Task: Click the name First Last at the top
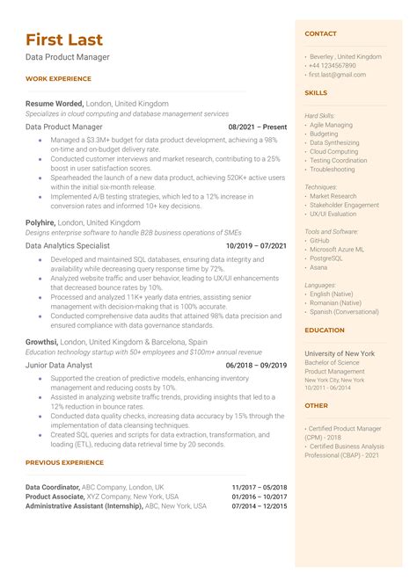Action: point(64,40)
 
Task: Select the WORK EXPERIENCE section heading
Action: point(57,79)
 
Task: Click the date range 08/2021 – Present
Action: point(257,127)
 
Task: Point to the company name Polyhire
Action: point(40,222)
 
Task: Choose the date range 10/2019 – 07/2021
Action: point(256,246)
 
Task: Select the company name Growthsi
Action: point(42,341)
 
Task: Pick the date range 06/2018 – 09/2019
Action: point(256,365)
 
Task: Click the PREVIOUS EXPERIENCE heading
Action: point(64,462)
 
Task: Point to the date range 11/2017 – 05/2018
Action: point(259,487)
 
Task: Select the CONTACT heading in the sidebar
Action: point(320,33)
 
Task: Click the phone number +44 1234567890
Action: point(333,66)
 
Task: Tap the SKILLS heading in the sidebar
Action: point(316,92)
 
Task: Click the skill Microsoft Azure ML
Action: point(336,250)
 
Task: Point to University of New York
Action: point(340,353)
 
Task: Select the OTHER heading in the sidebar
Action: point(316,406)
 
